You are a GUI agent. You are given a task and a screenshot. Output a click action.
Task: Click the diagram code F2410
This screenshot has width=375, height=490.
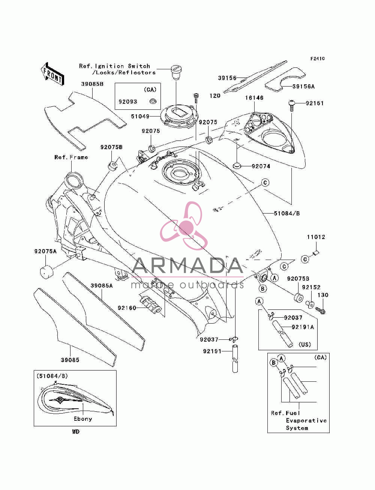coord(317,59)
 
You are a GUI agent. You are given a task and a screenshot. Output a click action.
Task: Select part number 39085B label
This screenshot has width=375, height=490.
coord(92,84)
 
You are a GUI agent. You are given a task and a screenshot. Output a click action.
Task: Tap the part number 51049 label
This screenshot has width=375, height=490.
coord(140,116)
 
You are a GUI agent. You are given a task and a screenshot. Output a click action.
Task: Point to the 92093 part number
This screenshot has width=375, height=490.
coord(128,102)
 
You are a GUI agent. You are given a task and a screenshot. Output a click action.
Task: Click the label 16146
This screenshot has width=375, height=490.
coord(254,98)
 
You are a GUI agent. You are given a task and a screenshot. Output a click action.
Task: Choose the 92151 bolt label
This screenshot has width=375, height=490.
coord(315,103)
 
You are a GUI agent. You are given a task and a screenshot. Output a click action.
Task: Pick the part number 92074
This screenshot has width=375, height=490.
coord(261,166)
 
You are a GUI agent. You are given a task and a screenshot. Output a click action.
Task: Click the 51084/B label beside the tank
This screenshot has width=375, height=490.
coord(287,214)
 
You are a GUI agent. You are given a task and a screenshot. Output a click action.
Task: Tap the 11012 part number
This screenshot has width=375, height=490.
coord(316,237)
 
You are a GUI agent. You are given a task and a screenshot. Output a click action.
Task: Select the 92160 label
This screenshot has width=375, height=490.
coord(127,308)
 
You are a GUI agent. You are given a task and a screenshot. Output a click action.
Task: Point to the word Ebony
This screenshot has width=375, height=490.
coord(83,419)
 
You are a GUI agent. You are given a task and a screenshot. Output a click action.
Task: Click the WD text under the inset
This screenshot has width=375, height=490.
coord(76,432)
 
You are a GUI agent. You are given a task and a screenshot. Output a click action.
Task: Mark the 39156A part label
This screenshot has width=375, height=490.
coord(303,87)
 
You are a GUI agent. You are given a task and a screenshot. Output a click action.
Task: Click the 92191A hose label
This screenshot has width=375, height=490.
coord(303,327)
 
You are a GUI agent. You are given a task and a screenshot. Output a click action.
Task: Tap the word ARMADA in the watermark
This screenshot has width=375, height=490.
coord(187,266)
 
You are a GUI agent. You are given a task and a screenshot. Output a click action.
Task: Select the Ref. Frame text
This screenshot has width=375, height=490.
coord(71,157)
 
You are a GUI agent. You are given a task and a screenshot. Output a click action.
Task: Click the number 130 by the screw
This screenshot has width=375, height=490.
coord(323,295)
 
